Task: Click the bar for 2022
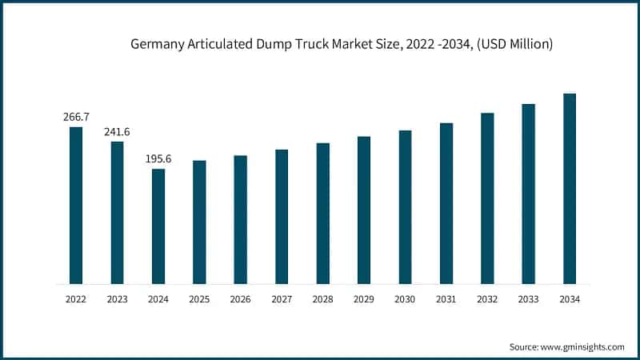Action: tap(76, 206)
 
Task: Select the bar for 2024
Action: tap(158, 226)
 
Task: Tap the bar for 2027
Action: tap(282, 217)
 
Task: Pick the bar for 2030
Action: tap(405, 207)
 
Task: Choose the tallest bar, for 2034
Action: tap(570, 189)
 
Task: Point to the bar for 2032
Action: tap(487, 198)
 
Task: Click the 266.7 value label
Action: tap(76, 117)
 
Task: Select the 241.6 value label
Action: tap(117, 131)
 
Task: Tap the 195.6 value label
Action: tap(158, 159)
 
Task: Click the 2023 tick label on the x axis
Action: tap(117, 299)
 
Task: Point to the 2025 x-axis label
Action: tap(199, 299)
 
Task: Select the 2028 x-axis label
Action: tap(322, 299)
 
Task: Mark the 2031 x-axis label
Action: tap(446, 299)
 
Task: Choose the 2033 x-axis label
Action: tap(528, 299)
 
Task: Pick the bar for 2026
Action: tap(240, 220)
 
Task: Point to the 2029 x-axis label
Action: tap(364, 299)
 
